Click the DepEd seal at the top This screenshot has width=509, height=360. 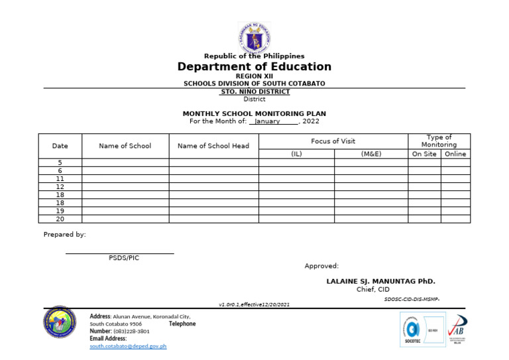click(x=254, y=37)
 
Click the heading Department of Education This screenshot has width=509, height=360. click(x=254, y=67)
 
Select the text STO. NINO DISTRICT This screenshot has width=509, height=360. click(x=254, y=91)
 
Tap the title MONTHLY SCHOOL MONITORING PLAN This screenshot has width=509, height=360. click(x=254, y=114)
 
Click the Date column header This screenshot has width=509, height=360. click(x=60, y=146)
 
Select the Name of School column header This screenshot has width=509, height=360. click(x=125, y=146)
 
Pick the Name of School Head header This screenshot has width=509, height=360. click(x=213, y=146)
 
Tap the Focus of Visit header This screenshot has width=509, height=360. click(x=333, y=141)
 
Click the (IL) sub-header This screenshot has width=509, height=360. click(x=296, y=154)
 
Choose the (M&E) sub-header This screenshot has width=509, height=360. click(x=371, y=154)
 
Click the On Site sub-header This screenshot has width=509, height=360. click(x=424, y=154)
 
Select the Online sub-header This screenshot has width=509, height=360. click(x=455, y=154)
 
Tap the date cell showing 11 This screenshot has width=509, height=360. click(x=60, y=179)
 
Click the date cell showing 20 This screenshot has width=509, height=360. click(x=60, y=219)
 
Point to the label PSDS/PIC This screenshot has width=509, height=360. click(x=124, y=258)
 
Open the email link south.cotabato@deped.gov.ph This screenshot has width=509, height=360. click(x=128, y=346)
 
